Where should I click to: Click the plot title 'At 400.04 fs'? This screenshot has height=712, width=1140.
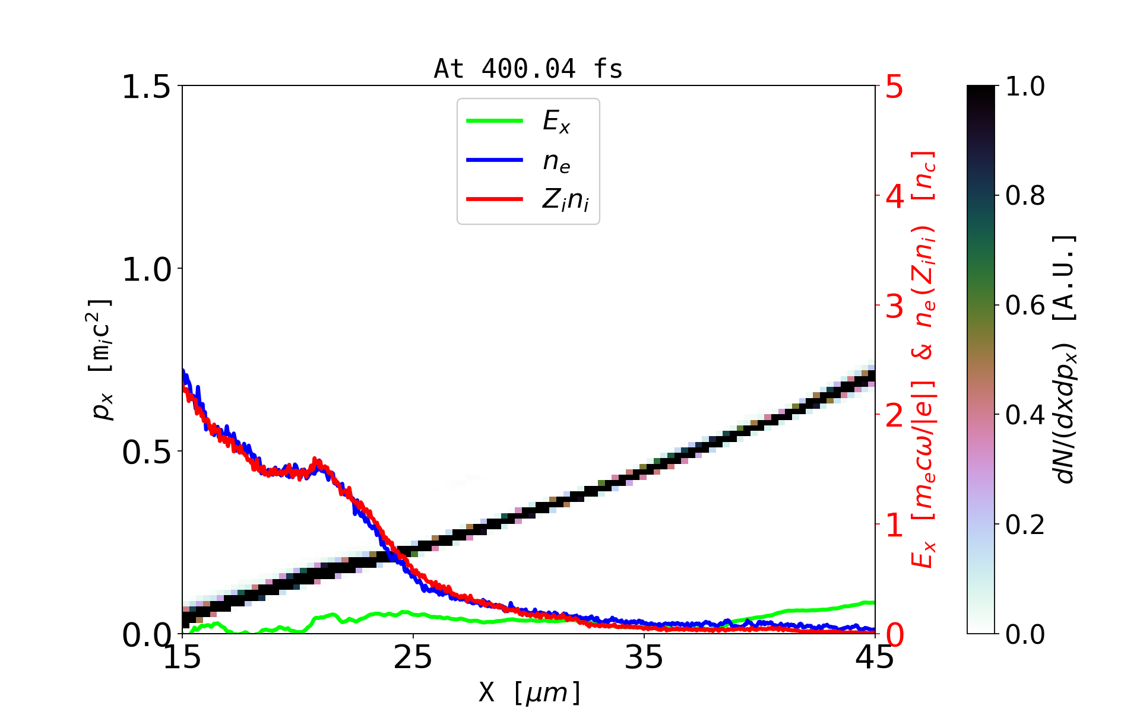coord(528,69)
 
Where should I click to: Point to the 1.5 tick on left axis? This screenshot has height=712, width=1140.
coord(145,87)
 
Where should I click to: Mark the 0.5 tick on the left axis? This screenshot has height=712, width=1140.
coord(145,453)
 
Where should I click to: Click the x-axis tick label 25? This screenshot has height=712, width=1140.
coord(413,657)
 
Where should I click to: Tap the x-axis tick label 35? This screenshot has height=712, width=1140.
coord(644,657)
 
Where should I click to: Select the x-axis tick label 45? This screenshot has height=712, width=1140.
coord(875,657)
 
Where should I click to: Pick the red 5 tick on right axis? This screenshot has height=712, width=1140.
coord(894,87)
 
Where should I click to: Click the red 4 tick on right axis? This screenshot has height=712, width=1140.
coord(894,196)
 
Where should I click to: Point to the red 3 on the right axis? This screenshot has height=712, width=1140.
coord(894,306)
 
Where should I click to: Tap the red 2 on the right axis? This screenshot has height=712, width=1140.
coord(894,416)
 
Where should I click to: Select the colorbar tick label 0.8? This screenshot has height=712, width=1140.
coord(1025,196)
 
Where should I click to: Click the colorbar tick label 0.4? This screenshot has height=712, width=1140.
coord(1025,415)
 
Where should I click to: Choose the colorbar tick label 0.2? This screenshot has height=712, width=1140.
coord(1025,525)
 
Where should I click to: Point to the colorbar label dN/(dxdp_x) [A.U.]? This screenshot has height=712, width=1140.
coord(1065,359)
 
